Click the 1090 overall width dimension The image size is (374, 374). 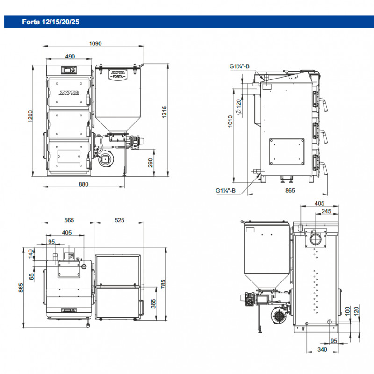(x=95, y=43)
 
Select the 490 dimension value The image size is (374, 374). (x=70, y=57)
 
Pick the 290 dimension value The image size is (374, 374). (x=151, y=162)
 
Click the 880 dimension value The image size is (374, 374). (x=84, y=184)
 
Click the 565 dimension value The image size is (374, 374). (x=70, y=220)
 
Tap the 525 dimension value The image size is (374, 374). (x=120, y=220)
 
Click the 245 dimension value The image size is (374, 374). (x=326, y=211)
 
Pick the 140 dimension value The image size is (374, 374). (x=31, y=253)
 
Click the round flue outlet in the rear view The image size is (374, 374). (x=314, y=239)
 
